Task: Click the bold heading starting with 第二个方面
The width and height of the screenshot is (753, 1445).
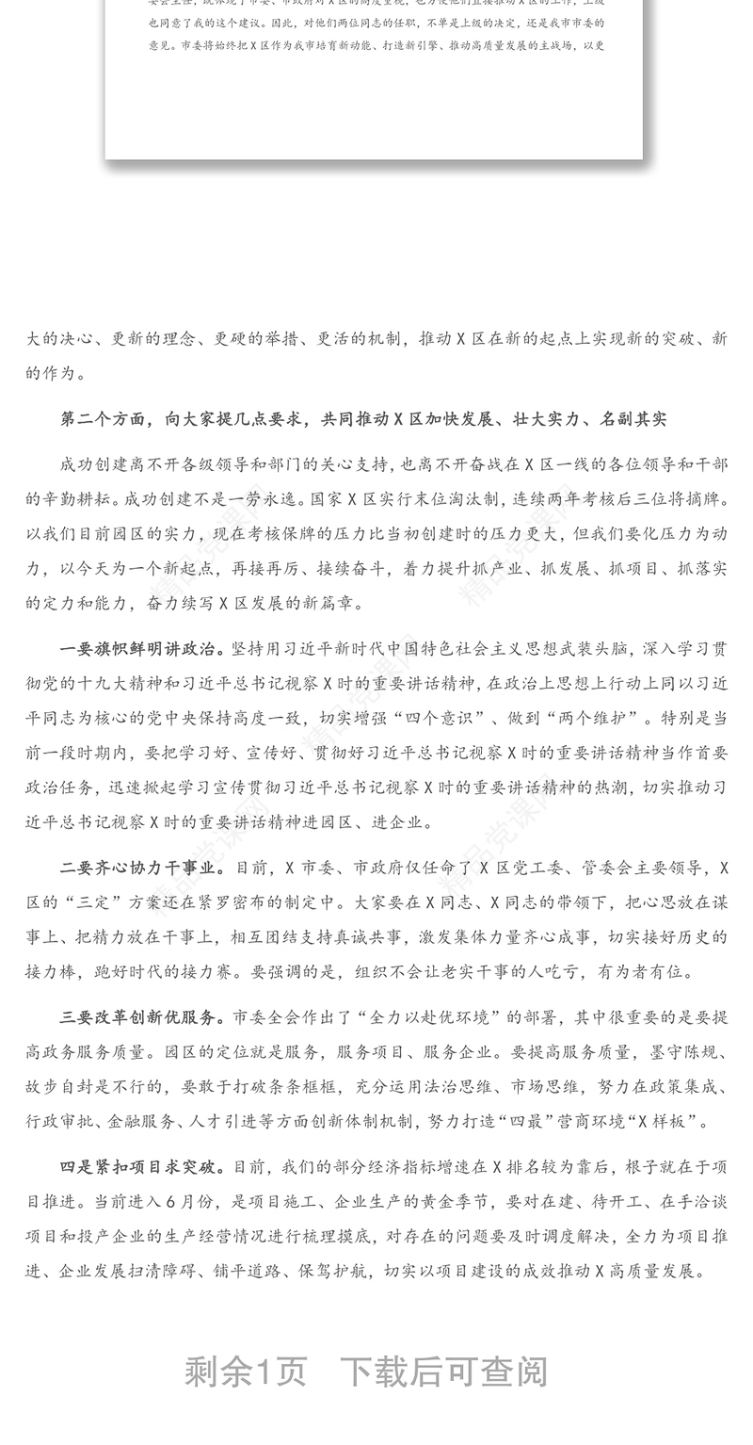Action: coord(363,419)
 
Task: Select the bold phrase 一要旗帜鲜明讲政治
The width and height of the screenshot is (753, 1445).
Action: coord(142,649)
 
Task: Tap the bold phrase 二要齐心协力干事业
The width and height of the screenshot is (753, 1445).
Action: coord(142,868)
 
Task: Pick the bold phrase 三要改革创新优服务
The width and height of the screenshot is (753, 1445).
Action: coord(142,1017)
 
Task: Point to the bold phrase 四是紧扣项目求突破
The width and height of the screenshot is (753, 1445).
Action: coord(142,1167)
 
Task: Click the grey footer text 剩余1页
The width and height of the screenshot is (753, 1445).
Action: coord(246,1372)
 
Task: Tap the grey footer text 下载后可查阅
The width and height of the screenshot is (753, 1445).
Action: coord(443,1372)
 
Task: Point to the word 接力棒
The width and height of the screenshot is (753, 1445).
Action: coord(59,971)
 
